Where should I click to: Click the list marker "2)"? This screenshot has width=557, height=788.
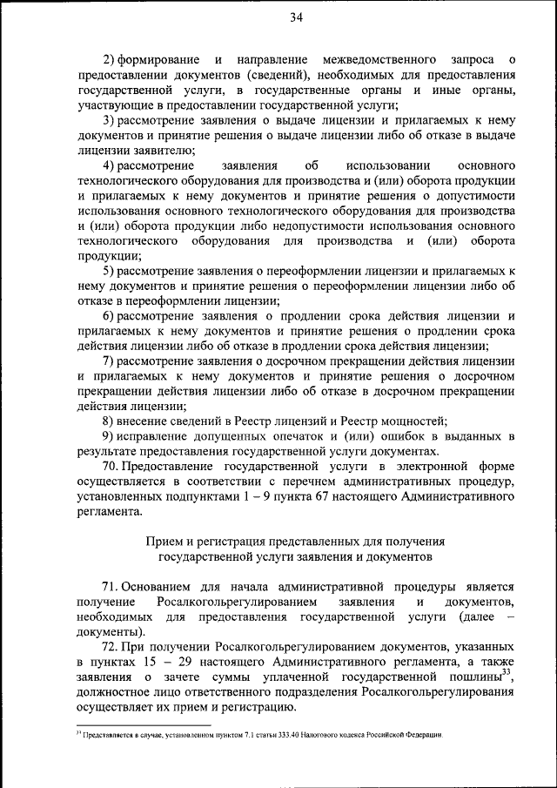click(110, 59)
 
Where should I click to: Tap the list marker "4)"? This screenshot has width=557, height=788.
click(110, 165)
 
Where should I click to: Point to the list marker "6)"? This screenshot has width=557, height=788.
click(110, 315)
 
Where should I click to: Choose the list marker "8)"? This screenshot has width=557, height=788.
click(110, 420)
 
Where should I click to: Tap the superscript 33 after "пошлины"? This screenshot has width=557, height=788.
click(507, 673)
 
